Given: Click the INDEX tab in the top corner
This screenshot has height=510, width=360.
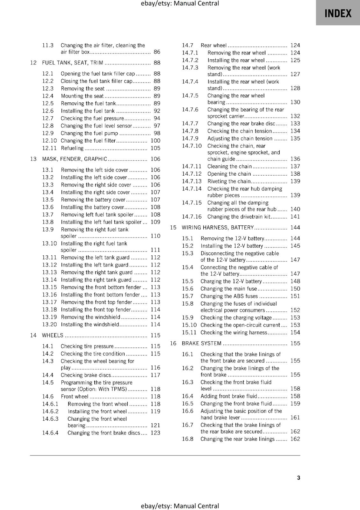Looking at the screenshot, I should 338,13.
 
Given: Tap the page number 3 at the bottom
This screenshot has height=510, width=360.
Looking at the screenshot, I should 298,477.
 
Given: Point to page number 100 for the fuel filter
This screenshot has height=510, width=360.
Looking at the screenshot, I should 155,141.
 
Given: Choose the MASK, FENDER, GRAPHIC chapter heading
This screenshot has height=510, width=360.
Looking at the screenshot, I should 75,159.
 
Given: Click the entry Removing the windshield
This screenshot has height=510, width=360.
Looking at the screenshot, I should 90,317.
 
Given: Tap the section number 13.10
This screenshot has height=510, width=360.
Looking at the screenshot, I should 49,244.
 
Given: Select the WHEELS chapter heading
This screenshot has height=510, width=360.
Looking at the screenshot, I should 53,335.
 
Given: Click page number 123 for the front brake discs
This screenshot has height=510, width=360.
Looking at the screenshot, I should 155,433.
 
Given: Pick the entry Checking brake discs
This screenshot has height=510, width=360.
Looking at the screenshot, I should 86,375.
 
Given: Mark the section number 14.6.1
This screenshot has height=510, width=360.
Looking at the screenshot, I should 50,404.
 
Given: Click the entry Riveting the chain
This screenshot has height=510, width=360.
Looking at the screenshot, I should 229,181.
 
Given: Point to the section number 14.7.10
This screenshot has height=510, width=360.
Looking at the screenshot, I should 191,146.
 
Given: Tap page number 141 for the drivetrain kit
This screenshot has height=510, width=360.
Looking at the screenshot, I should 295,217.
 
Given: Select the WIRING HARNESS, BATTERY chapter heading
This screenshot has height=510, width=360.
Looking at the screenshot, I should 218,228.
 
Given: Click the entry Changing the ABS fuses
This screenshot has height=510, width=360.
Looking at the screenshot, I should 229,296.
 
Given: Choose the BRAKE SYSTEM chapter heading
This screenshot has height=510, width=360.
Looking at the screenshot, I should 201,343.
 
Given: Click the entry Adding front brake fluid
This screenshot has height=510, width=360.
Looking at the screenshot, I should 228,396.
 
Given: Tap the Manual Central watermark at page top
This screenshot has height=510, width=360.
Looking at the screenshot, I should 180,4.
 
